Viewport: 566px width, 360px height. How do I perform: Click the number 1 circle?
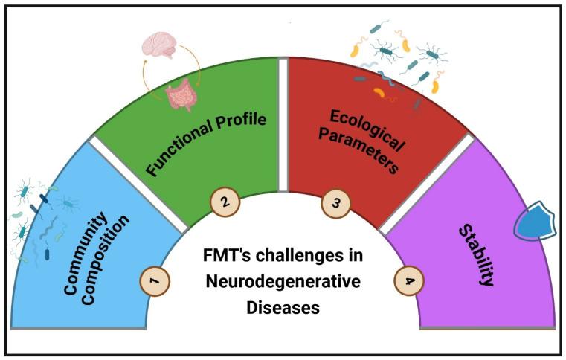point(155,280)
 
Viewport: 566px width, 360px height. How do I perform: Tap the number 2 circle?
point(224,201)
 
